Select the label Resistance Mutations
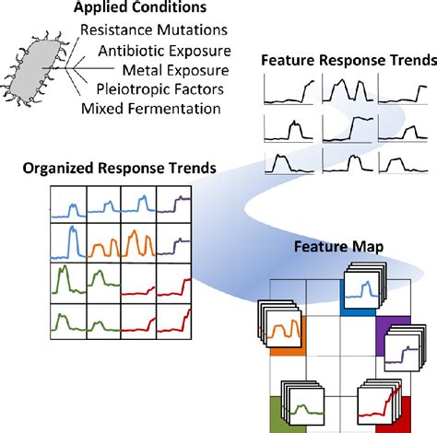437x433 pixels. pyautogui.click(x=151, y=30)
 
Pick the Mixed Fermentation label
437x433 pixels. pyautogui.click(x=151, y=109)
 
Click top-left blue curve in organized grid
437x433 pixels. pyautogui.click(x=67, y=203)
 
